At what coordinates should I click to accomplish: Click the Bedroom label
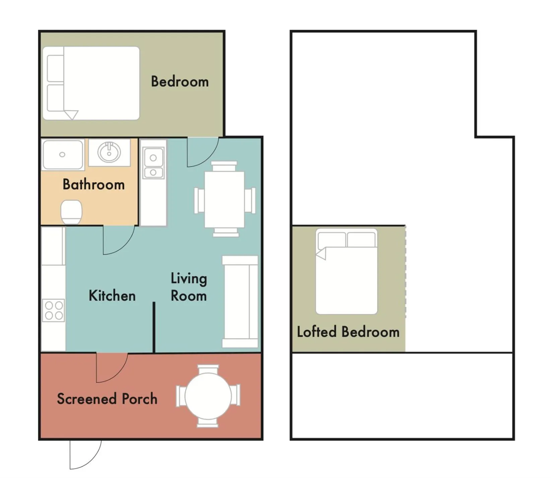180,81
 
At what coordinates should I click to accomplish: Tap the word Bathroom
94,184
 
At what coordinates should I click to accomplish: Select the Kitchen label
112,296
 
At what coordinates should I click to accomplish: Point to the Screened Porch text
107,399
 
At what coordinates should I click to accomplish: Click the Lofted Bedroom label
348,332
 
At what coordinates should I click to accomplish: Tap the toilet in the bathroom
71,212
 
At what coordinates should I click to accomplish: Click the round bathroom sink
109,153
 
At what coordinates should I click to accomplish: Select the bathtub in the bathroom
63,155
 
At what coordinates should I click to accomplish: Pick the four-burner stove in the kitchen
54,310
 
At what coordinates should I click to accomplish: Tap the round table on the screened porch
208,396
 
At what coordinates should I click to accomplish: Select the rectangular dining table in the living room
224,199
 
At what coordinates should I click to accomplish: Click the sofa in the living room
240,302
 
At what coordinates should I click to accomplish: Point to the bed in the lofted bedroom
347,272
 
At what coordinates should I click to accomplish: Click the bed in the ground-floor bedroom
91,83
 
